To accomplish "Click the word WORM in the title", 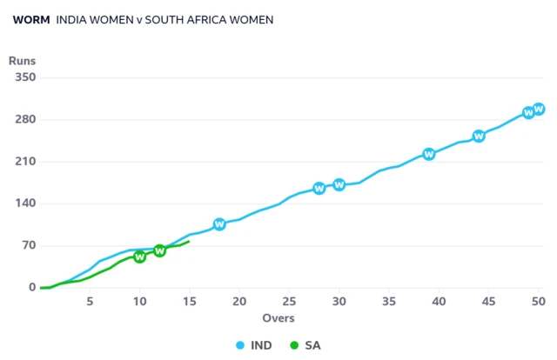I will [30, 19].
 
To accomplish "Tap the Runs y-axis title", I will [22, 60].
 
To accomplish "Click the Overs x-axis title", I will [278, 318].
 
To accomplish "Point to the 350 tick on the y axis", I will [23, 77].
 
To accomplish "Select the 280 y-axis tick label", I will [23, 119].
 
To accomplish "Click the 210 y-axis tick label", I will [23, 162].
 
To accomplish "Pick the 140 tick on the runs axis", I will [23, 203].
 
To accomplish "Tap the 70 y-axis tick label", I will [27, 245].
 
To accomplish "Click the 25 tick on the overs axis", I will [289, 301].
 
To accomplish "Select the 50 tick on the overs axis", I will [539, 301].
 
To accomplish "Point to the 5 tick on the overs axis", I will [90, 301].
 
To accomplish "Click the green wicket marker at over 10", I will [139, 257].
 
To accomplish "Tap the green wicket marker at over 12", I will [159, 250].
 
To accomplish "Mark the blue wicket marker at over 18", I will [219, 224].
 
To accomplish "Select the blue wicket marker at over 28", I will [319, 188].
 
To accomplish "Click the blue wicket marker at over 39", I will [429, 154].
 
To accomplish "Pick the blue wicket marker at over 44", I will [479, 136].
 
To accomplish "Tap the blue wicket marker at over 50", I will [539, 109].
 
